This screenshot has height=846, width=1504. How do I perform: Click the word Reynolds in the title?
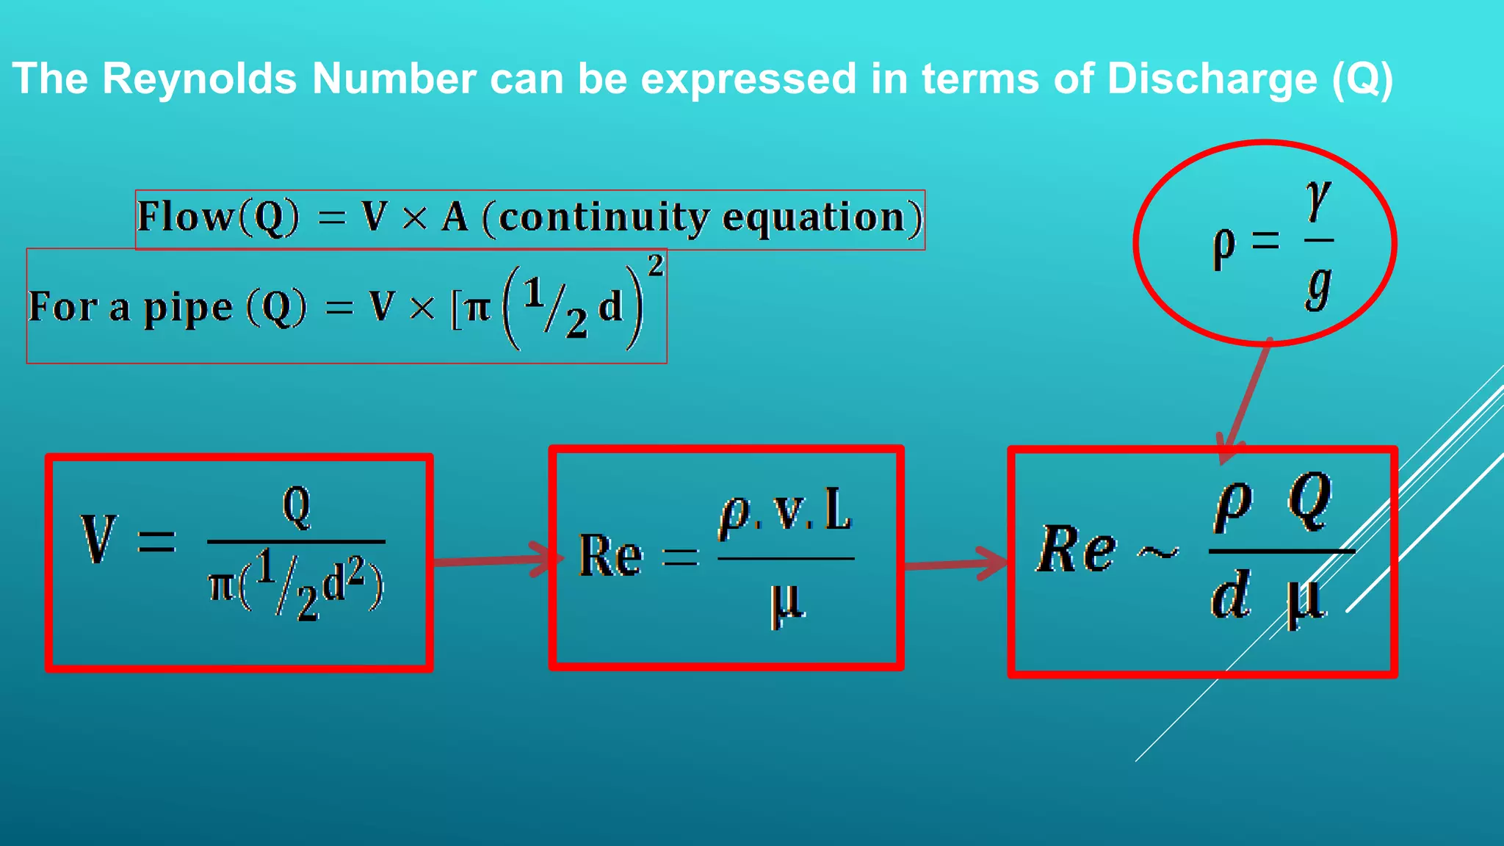[x=199, y=78]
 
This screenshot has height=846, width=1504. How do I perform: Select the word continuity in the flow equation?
[x=604, y=217]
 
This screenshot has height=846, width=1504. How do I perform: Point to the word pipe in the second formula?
[x=187, y=308]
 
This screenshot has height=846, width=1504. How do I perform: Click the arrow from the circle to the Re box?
[x=1245, y=400]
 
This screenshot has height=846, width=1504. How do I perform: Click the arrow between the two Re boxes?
[x=955, y=565]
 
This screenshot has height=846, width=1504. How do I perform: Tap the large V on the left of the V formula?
[x=98, y=539]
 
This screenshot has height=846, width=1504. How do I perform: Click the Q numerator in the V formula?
[x=297, y=506]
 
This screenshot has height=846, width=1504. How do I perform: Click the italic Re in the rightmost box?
[x=1077, y=549]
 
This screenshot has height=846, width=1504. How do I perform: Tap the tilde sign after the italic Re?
[x=1158, y=552]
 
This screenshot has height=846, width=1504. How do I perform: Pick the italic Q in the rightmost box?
[x=1309, y=501]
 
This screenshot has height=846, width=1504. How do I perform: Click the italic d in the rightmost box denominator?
[x=1230, y=596]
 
